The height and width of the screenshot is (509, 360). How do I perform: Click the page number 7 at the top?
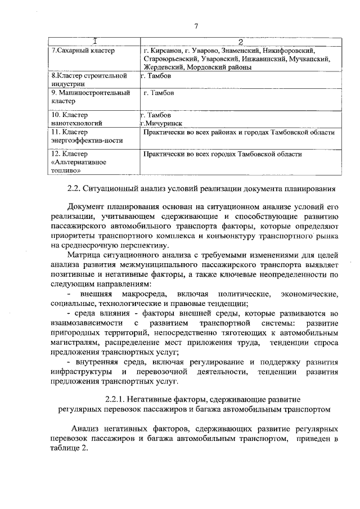coord(196,25)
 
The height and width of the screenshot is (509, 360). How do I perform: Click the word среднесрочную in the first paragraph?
coord(88,245)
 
